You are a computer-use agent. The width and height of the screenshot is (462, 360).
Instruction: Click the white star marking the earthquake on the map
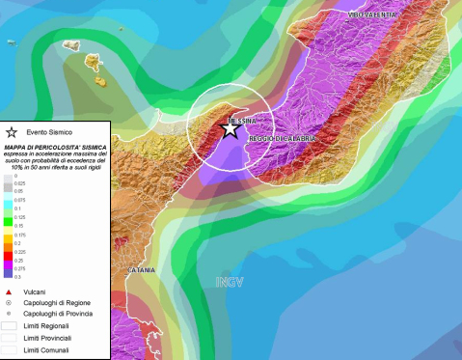click(230, 128)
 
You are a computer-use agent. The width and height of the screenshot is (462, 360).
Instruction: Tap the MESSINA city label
click(241, 121)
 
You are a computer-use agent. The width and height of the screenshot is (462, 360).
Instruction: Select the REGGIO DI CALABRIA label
click(283, 139)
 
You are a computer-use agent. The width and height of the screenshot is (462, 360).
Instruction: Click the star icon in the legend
click(12, 131)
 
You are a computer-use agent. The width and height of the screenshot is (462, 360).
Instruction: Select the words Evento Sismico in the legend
click(47, 132)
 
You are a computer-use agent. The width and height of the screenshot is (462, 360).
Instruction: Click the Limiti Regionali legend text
click(48, 326)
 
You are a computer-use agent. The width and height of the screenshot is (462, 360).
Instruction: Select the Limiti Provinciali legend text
click(50, 338)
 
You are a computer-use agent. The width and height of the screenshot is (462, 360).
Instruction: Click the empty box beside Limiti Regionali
click(11, 326)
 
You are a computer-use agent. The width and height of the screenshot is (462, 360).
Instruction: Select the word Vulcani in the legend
click(40, 291)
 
